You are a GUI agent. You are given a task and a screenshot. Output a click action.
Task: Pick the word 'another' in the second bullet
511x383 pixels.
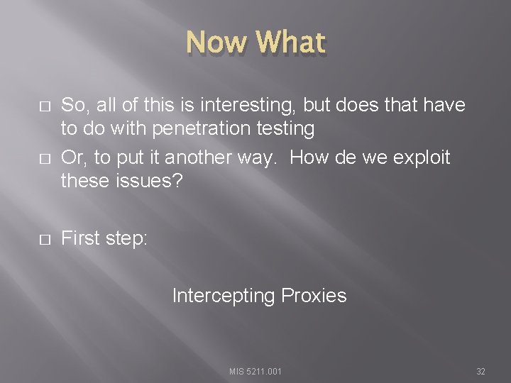197,157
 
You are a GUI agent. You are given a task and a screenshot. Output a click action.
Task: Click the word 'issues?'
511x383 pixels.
150,182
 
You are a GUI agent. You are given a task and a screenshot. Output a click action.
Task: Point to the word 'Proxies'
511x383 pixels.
314,295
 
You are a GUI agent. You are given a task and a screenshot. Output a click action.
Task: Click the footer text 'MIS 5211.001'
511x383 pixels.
255,371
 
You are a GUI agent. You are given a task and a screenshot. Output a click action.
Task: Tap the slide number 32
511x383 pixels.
480,371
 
